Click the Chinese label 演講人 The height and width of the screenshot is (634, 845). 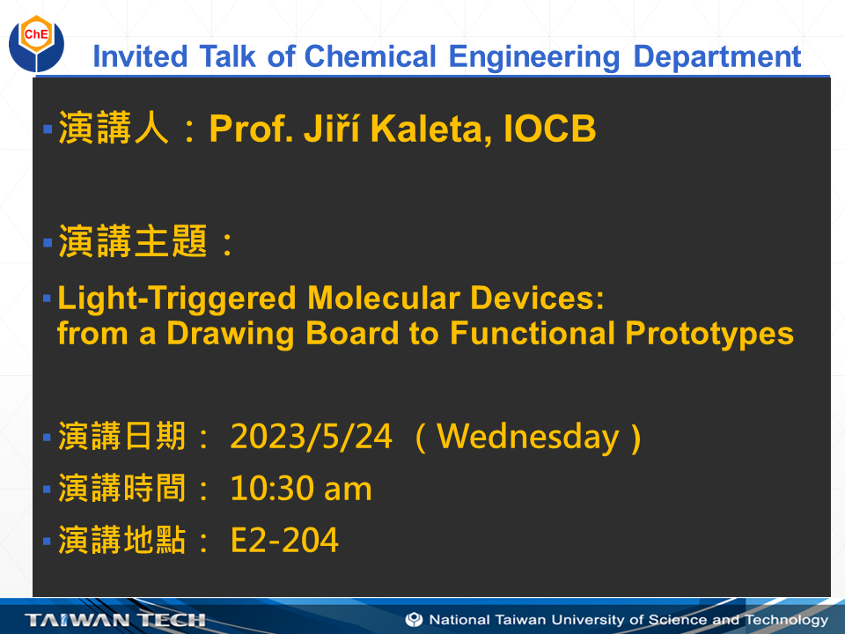pos(114,129)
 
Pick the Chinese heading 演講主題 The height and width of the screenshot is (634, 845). pos(132,242)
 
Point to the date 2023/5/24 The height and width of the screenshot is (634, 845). pos(311,436)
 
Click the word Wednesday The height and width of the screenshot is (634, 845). pos(528,436)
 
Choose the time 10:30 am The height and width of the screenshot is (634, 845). pos(301,489)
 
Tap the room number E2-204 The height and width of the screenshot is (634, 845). pos(284,541)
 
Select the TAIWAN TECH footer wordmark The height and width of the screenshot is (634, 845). pos(116,620)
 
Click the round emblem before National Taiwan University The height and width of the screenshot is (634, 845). pos(414,620)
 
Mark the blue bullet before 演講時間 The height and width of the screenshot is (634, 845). pos(48,489)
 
